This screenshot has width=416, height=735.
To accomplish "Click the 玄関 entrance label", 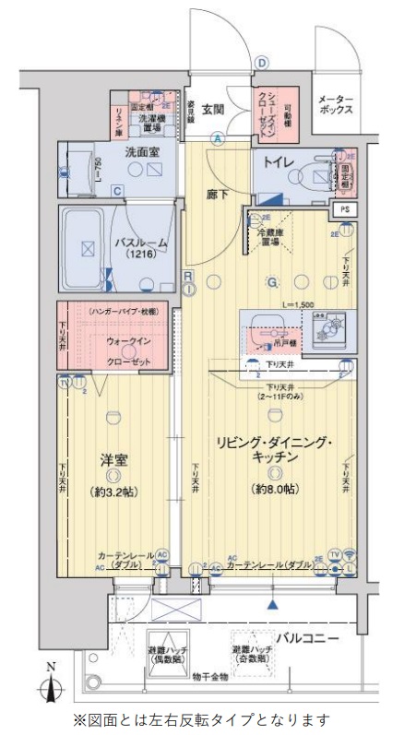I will point(213,110).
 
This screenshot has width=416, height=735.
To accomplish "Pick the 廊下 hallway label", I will point(218,195).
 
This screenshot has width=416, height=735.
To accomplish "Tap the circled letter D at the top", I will point(262,63).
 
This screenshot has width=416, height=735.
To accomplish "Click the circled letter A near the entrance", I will point(219,139).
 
